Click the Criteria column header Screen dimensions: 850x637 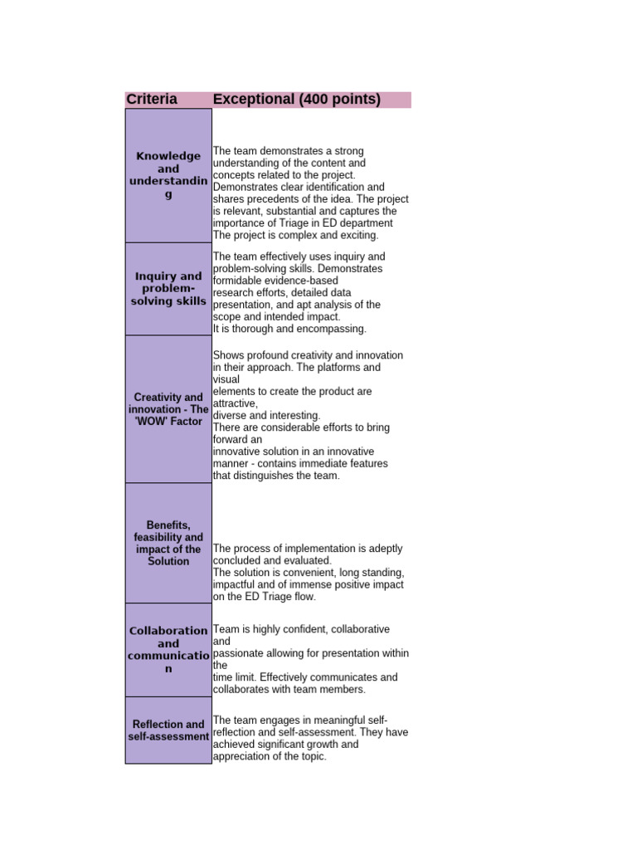click(x=152, y=100)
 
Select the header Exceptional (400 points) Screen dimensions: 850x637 click(x=296, y=100)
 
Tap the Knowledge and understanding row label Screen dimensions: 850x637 click(x=168, y=175)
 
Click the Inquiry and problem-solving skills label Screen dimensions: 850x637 click(x=168, y=289)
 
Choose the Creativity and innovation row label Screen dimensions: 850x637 click(x=168, y=409)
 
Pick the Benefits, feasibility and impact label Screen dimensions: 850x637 click(x=168, y=543)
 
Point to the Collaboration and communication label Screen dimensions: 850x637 click(x=168, y=650)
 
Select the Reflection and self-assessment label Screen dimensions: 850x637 click(x=168, y=730)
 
